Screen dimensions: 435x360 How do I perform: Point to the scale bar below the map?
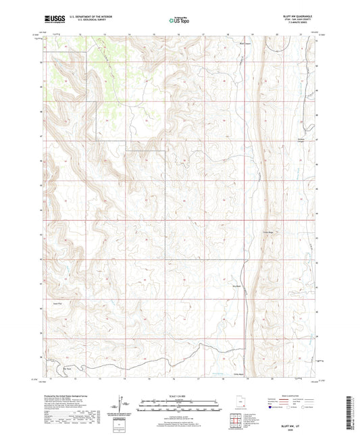(180, 407)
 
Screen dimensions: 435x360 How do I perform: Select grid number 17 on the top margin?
(203, 32)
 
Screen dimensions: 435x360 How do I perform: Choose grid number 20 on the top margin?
(277, 32)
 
